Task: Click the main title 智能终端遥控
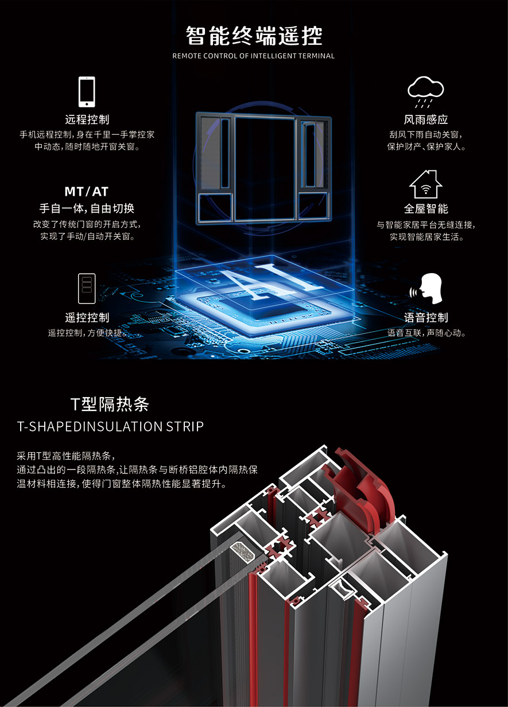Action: (x=254, y=36)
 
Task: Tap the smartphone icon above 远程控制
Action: (x=87, y=92)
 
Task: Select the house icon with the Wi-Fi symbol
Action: (x=425, y=184)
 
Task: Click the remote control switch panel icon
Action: (x=87, y=289)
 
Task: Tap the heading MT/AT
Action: (x=86, y=192)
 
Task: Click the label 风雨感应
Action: (x=425, y=120)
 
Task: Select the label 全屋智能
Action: (x=425, y=209)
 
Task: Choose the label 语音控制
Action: (x=425, y=318)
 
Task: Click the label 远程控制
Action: (x=87, y=120)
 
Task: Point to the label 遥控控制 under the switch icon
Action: (x=87, y=318)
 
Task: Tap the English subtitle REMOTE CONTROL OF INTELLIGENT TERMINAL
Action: (x=254, y=56)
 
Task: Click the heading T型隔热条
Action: (x=110, y=405)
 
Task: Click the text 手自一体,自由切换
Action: (x=86, y=208)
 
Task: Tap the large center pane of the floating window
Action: (x=265, y=166)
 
